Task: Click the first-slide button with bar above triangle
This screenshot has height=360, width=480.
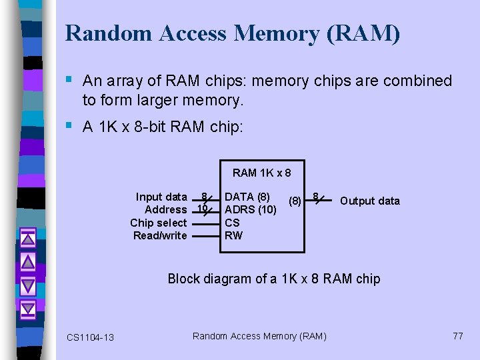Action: [27, 236]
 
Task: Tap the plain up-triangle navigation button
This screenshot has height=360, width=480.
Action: [27, 260]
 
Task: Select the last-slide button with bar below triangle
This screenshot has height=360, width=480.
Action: [27, 309]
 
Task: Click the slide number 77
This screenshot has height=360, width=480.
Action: [457, 336]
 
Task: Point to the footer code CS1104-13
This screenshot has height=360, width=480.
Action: [90, 337]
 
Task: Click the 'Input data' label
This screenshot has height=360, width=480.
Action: [161, 197]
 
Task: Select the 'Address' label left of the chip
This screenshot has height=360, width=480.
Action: [165, 209]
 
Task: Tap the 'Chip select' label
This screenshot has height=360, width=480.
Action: [159, 223]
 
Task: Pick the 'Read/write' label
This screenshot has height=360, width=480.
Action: [160, 235]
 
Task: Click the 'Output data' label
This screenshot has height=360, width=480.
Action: [370, 201]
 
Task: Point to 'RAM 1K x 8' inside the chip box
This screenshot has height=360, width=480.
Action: [261, 173]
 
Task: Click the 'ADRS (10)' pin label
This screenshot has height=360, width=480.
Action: [251, 209]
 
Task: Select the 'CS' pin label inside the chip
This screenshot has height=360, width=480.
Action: [232, 223]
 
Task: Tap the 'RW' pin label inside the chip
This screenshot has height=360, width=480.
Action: [233, 235]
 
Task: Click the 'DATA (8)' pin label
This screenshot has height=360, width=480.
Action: [247, 197]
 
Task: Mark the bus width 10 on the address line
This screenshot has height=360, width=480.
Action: [201, 208]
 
